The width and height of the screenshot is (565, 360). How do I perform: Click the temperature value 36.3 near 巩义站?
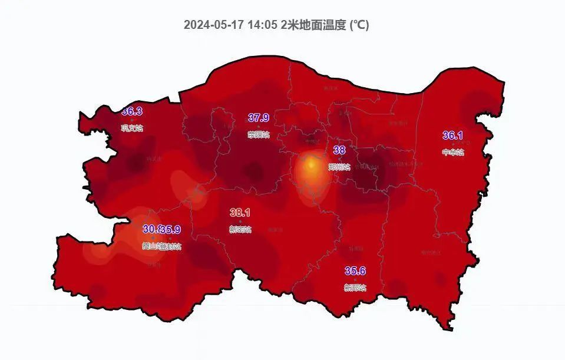coord(132,111)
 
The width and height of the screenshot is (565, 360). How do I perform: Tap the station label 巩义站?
coord(132,128)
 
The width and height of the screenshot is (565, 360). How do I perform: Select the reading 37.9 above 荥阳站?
coord(258,118)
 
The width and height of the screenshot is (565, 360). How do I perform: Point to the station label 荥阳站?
coord(258,135)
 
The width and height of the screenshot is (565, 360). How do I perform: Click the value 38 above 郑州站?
coord(339,150)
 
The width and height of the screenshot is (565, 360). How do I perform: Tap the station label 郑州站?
coord(339,167)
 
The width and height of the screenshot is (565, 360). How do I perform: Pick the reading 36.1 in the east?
coord(452,136)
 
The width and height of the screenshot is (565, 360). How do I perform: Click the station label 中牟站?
coord(452,152)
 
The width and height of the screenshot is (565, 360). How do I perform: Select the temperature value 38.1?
coord(240,212)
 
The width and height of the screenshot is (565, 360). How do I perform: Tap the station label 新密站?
coord(240,229)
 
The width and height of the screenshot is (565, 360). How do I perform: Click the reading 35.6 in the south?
coord(355,271)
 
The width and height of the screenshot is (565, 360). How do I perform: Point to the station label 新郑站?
coord(355,288)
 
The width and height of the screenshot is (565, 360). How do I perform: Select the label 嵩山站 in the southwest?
coord(151,246)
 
